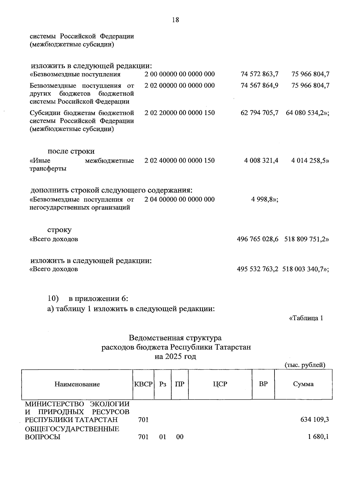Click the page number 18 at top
pyautogui.click(x=175, y=20)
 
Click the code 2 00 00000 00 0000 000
pyautogui.click(x=179, y=74)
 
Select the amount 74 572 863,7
pyautogui.click(x=259, y=74)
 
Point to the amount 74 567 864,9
pyautogui.click(x=259, y=85)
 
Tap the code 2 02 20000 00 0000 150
pyautogui.click(x=179, y=113)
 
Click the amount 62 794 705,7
pyautogui.click(x=259, y=113)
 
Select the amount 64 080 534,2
pyautogui.click(x=306, y=113)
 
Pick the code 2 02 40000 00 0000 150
pyautogui.click(x=179, y=160)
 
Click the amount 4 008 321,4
pyautogui.click(x=261, y=160)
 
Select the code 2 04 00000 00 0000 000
pyautogui.click(x=179, y=199)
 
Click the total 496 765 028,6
pyautogui.click(x=258, y=239)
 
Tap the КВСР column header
pyautogui.click(x=143, y=384)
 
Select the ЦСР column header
pyautogui.click(x=220, y=384)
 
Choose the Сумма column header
pyautogui.click(x=303, y=384)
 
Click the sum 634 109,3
pyautogui.click(x=314, y=420)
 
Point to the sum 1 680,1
pyautogui.click(x=318, y=437)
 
